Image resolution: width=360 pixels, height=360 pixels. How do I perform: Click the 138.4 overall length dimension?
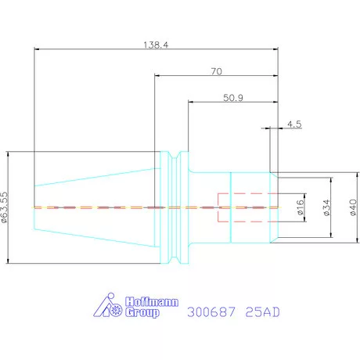pos(156,45)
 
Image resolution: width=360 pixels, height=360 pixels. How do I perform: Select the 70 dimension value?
pos(217,71)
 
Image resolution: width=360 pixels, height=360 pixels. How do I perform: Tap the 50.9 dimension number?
pos(233,98)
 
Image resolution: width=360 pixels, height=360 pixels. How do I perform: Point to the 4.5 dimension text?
pos(294,124)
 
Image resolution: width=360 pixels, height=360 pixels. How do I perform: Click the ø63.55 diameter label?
pos(5,207)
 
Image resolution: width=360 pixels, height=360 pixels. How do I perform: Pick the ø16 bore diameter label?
pos(301,207)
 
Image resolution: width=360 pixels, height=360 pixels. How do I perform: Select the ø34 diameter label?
pos(326,207)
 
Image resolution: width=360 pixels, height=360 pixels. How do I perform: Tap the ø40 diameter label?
pos(353,207)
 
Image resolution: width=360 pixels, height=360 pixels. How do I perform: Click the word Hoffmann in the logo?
pos(152,302)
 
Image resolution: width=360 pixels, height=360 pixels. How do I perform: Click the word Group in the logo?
pos(142,312)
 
